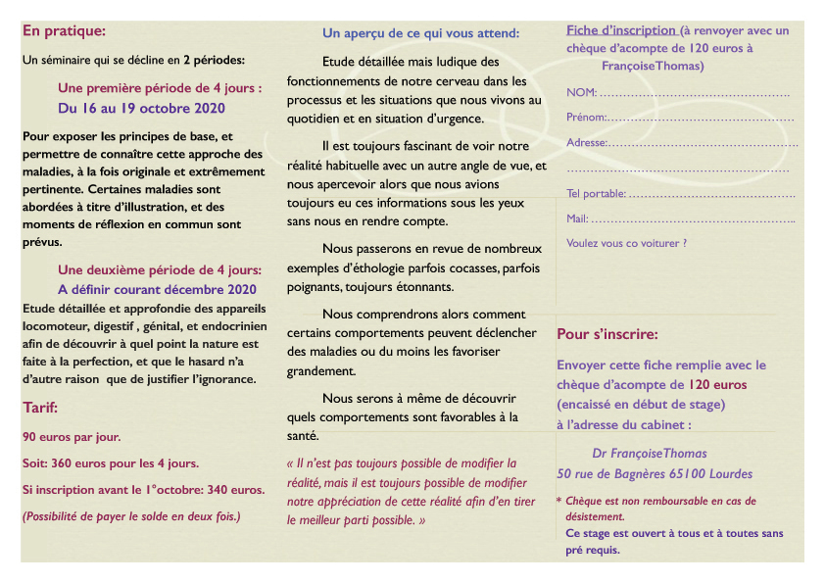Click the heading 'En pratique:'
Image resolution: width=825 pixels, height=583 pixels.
[x=64, y=31]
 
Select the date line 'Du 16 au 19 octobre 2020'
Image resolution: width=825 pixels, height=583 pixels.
[x=141, y=108]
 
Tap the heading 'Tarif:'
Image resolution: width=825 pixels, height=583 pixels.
[x=41, y=408]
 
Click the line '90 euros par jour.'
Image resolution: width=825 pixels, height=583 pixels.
[x=71, y=437]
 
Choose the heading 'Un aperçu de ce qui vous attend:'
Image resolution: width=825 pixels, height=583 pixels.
[x=420, y=33]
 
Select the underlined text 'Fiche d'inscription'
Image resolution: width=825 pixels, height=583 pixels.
[x=620, y=30]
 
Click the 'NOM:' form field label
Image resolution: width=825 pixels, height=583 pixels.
[x=581, y=92]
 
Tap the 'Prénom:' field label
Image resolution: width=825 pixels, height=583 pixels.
[x=587, y=118]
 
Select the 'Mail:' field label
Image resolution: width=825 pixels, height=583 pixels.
[x=577, y=219]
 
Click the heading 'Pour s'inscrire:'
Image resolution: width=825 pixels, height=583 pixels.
[x=607, y=334]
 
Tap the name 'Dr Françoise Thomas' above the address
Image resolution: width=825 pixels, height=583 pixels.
[x=650, y=454]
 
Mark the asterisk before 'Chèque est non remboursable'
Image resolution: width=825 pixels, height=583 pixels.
[x=558, y=502]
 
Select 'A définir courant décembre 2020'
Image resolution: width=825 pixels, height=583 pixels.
[x=157, y=289]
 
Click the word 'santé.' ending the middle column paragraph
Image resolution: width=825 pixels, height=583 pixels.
[x=302, y=436]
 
